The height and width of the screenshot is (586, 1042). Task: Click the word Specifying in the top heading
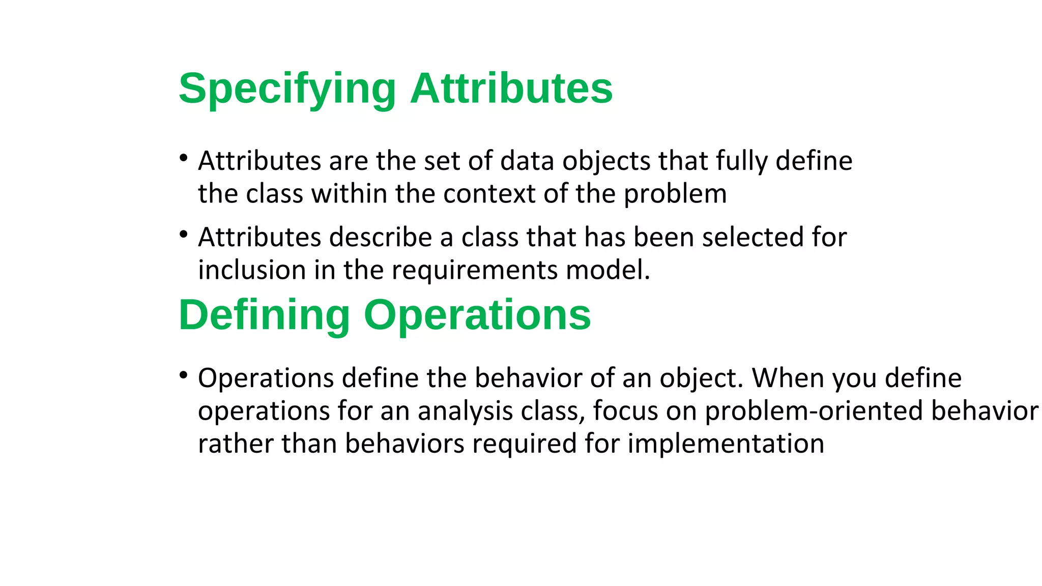tap(287, 90)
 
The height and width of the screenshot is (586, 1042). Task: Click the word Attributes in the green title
tap(511, 89)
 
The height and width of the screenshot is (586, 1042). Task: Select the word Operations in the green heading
tap(477, 315)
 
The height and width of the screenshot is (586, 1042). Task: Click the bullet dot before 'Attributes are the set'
tap(184, 158)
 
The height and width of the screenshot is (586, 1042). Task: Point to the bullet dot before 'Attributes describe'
tap(184, 235)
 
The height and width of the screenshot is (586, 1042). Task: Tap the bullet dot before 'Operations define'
tap(184, 375)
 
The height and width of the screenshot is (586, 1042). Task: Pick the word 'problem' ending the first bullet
tap(675, 195)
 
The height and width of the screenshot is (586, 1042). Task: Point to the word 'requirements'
tap(474, 271)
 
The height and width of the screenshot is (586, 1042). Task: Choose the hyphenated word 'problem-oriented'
tap(814, 411)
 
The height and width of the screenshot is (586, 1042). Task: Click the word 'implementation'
tap(726, 444)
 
